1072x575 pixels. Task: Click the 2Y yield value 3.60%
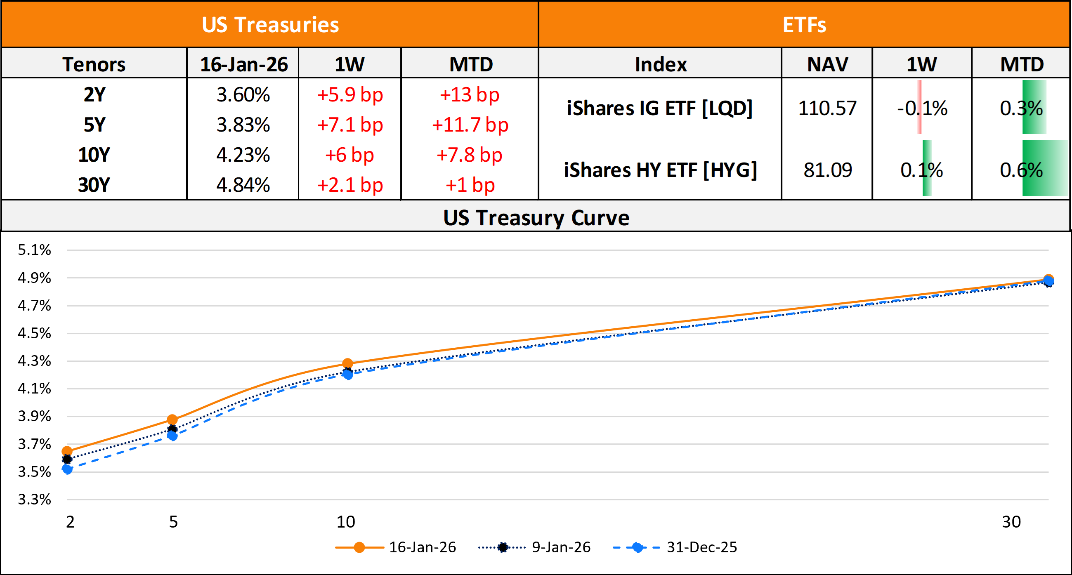[243, 95]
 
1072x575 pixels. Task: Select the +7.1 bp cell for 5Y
[349, 125]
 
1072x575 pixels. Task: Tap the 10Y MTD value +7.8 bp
[469, 155]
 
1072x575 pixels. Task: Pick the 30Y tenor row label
[94, 185]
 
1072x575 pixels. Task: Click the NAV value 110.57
[827, 108]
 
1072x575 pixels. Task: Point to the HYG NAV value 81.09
[827, 170]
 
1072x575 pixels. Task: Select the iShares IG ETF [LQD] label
[660, 108]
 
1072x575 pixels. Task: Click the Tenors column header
[94, 64]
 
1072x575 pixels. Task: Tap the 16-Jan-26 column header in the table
[244, 64]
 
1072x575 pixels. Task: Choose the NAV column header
[827, 64]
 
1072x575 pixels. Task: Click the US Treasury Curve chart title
[536, 218]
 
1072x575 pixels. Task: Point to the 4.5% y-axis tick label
[34, 333]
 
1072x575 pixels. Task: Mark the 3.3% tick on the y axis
[34, 499]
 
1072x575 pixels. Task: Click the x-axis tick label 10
[346, 522]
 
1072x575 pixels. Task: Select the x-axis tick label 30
[1011, 522]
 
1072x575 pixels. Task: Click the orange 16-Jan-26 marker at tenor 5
[172, 419]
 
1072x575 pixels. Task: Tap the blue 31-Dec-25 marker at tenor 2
[67, 469]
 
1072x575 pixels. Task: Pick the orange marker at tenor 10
[347, 364]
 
